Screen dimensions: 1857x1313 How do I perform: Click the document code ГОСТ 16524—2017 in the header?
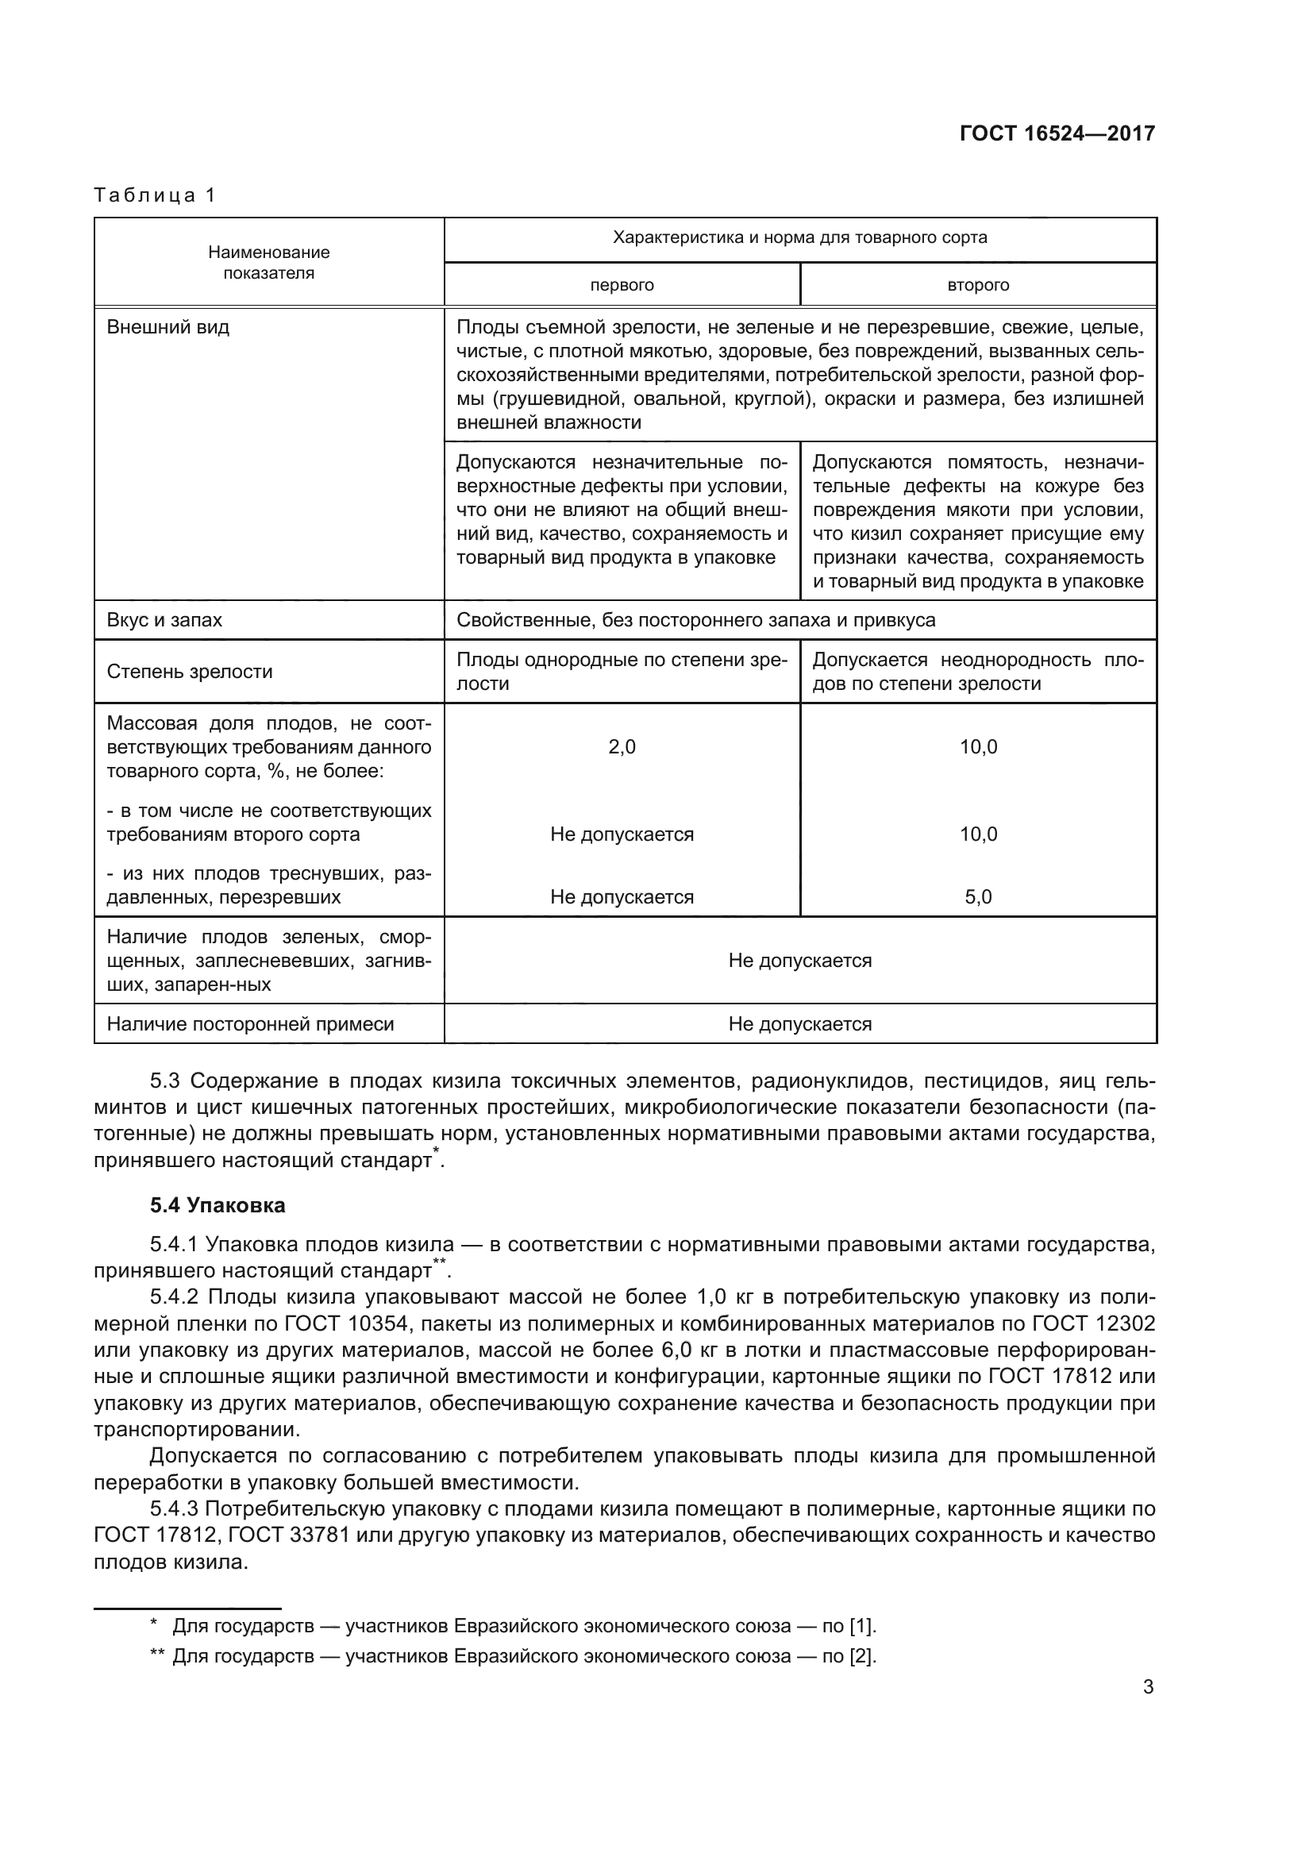point(1057,133)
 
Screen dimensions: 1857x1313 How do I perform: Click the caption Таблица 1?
point(155,195)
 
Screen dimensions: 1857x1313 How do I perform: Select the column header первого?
point(621,286)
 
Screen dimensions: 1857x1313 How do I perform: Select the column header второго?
point(977,286)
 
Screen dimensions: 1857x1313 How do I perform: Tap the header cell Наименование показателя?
point(268,262)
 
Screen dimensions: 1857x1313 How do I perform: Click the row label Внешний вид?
point(168,328)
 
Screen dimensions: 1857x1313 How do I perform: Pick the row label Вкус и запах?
point(164,620)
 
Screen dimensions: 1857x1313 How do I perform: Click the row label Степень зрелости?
point(189,672)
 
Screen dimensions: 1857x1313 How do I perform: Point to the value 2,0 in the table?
point(621,746)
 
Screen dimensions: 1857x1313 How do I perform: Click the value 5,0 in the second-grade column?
point(977,897)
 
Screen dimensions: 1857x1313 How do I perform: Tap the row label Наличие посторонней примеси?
point(250,1024)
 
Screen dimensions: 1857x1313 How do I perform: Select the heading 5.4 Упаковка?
point(217,1205)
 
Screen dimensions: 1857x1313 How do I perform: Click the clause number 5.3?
point(167,1081)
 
